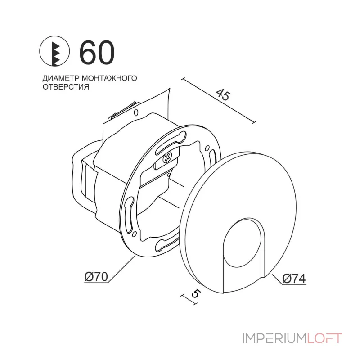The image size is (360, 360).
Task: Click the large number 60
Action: point(97,53)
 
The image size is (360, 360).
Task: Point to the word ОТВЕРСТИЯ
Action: point(65,87)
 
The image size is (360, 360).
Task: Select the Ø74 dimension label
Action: point(294,279)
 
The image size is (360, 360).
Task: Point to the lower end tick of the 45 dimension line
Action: point(255,121)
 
